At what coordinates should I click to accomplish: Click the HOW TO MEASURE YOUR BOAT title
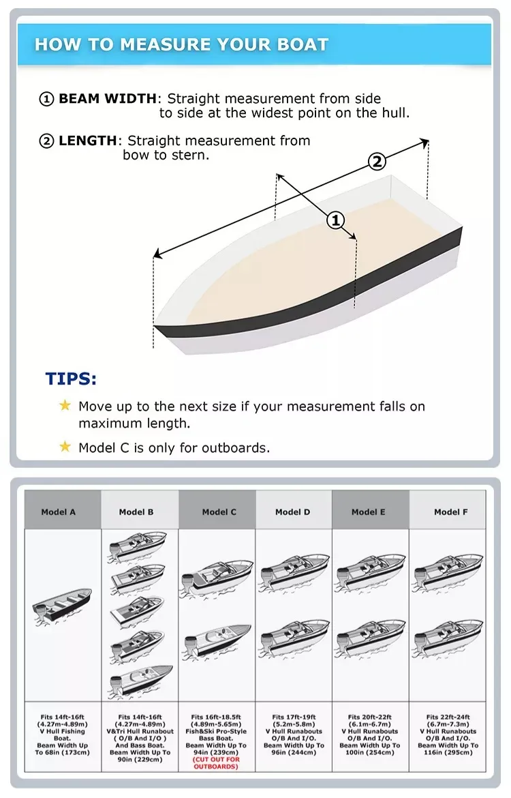point(181,45)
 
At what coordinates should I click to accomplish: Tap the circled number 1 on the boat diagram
point(335,220)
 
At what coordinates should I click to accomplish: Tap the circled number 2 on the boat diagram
point(377,162)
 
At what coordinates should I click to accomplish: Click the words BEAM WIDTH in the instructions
point(107,99)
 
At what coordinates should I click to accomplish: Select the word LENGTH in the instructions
point(88,141)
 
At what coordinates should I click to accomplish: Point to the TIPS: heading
point(71,379)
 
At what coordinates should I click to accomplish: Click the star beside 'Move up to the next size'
point(65,406)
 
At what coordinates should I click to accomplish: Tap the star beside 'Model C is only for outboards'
point(65,447)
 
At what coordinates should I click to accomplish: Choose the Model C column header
point(219,512)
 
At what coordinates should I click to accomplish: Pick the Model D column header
point(293,512)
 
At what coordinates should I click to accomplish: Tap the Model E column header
point(369,512)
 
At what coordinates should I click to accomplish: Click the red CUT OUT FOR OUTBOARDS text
point(216,763)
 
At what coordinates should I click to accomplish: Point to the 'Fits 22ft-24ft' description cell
point(448,735)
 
